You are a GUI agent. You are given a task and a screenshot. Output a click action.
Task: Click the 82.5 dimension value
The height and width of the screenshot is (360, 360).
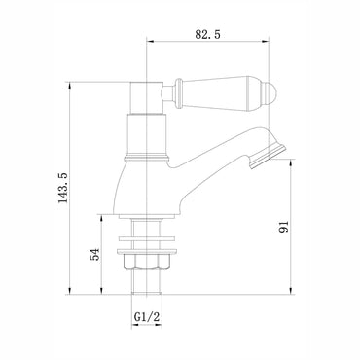(x=206, y=34)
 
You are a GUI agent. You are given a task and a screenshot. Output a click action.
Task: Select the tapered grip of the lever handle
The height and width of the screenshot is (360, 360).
(x=222, y=93)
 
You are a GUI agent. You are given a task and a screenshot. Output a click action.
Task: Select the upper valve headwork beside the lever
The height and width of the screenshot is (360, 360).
(x=147, y=97)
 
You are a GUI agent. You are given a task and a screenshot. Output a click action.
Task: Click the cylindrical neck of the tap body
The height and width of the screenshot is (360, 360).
(x=147, y=134)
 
